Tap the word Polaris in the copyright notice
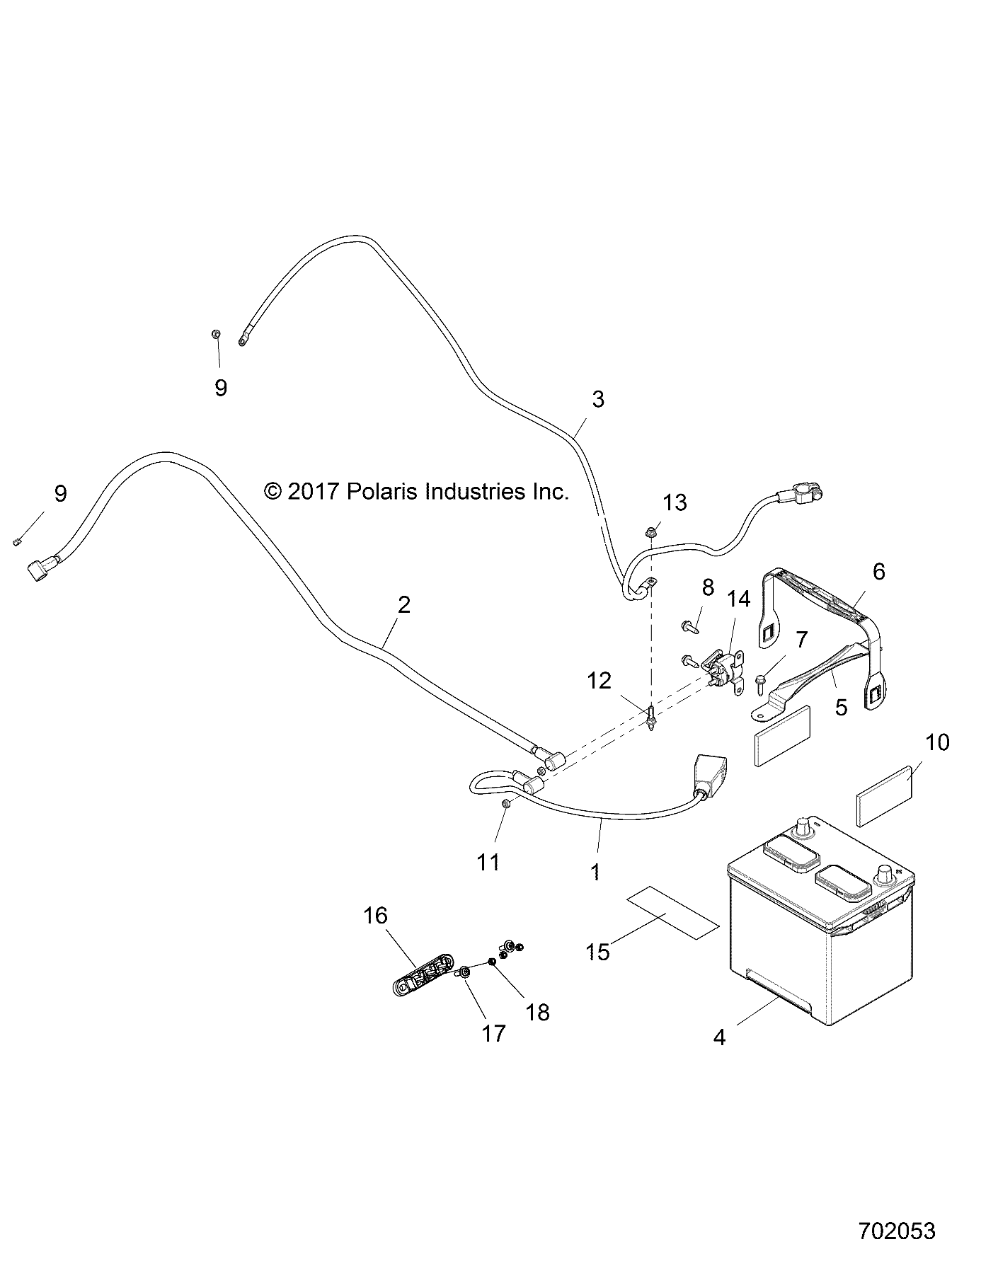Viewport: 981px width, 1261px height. [381, 492]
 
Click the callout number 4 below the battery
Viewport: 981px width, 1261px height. [720, 1038]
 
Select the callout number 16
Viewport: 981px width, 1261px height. [375, 916]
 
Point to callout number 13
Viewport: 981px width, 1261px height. [675, 503]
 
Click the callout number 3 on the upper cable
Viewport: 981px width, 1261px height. [598, 399]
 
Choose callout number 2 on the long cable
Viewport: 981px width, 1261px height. [404, 604]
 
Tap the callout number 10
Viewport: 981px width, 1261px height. [937, 742]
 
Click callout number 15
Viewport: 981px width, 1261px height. [598, 952]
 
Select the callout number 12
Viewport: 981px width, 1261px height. [599, 681]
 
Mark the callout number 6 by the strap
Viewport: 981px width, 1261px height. [878, 571]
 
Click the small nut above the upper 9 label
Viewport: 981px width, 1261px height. [217, 333]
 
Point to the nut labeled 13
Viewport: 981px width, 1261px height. [651, 531]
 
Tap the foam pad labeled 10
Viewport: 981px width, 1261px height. [885, 796]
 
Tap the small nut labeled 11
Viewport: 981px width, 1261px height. [505, 804]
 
